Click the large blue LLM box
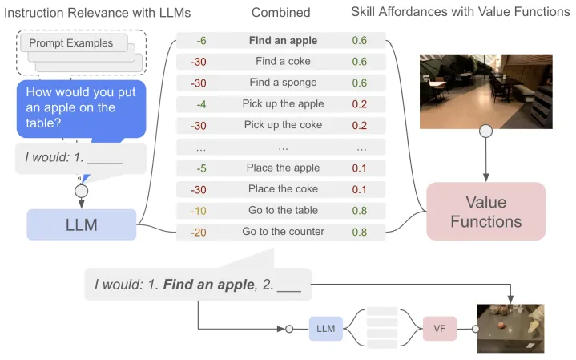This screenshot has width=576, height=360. tap(81, 225)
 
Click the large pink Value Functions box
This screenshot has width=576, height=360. tap(485, 211)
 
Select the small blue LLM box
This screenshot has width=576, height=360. tap(325, 328)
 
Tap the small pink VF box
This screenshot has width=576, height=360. tap(440, 328)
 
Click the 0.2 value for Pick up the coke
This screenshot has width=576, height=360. tap(360, 126)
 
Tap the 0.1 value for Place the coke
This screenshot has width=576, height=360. tap(360, 189)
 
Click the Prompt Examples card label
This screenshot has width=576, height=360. tap(70, 42)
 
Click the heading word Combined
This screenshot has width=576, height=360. tap(280, 12)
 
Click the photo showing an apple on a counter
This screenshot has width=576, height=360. tap(510, 328)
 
